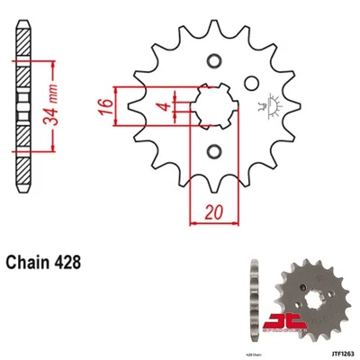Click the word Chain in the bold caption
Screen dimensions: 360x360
32,264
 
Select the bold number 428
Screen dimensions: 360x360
72,264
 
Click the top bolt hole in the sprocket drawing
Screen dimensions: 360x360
214,62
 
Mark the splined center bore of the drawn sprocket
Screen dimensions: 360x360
214,106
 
